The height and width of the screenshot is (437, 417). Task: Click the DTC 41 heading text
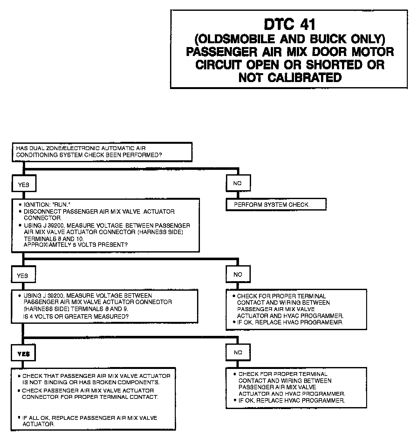coord(290,24)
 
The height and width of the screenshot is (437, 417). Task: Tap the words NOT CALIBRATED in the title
coord(290,77)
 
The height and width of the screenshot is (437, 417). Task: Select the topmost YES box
coord(24,184)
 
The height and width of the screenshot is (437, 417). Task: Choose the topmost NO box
coord(237,183)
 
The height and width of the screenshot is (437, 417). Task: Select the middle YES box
coord(23,275)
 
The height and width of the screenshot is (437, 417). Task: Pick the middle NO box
coord(238,274)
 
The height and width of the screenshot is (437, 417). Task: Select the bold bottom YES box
coord(24,354)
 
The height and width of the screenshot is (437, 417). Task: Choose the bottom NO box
coord(238,352)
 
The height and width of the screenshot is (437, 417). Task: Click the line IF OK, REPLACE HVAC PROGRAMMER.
coord(291,400)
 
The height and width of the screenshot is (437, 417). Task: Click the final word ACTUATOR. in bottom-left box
coord(38,424)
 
